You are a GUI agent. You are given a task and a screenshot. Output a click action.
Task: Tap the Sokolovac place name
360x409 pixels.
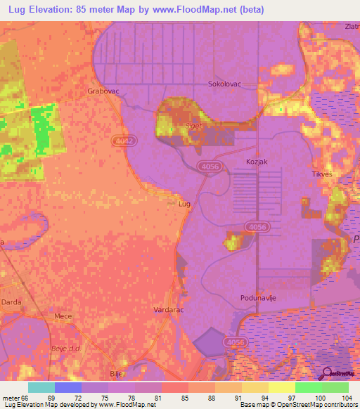[x=224, y=84]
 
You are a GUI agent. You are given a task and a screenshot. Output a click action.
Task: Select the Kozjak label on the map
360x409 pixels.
[x=258, y=162]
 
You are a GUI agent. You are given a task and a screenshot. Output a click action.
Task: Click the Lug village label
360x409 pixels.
[x=185, y=204]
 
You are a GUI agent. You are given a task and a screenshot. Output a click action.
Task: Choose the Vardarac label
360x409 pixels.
[x=169, y=309]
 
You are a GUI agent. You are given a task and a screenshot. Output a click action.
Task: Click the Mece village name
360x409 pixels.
[x=64, y=317]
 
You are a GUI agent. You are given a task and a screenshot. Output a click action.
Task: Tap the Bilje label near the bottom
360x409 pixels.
[x=117, y=374]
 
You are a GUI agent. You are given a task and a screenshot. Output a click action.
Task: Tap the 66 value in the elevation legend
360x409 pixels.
[x=27, y=398]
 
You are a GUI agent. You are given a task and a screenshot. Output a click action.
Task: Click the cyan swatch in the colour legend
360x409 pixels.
[x=41, y=387]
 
